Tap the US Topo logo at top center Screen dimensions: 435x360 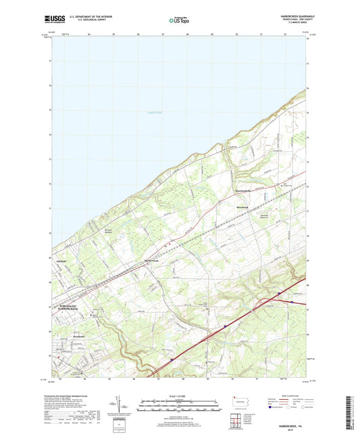tap(179, 21)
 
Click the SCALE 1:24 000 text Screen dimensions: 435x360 tap(180, 396)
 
